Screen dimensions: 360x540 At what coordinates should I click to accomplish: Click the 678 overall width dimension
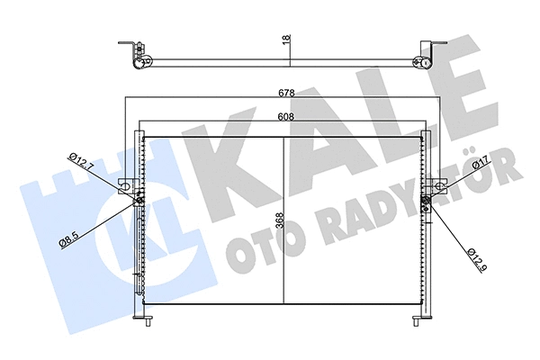coord(285,92)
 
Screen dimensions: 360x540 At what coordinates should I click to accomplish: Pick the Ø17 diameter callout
coord(473,167)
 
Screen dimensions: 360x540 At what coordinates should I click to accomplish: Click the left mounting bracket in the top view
coord(136,56)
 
